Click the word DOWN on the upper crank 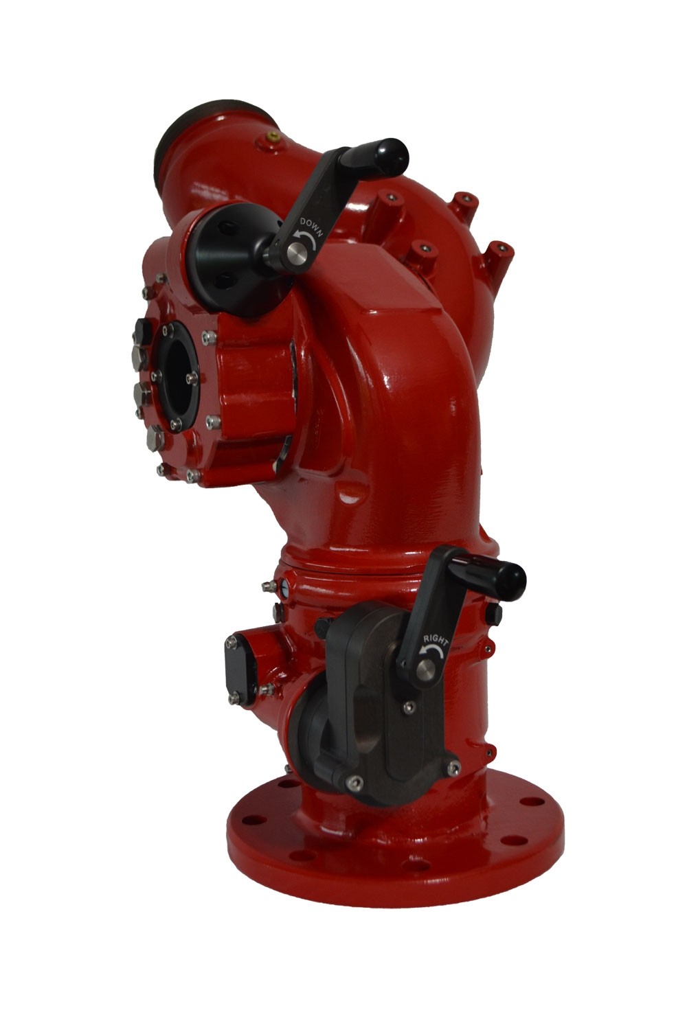click(312, 225)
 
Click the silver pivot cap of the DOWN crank click(293, 252)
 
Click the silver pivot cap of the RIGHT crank click(424, 668)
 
